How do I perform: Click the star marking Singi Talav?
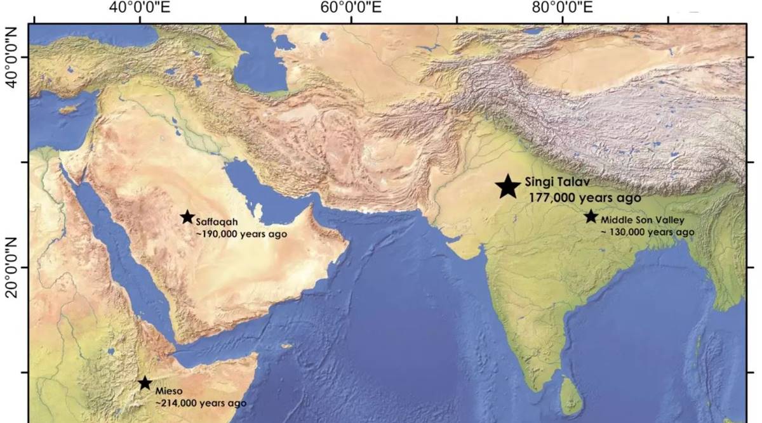coord(508,186)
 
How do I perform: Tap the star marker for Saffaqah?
coord(187,217)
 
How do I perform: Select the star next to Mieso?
coord(145,382)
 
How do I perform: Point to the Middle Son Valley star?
coord(591,216)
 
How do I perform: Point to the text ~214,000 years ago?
coord(201,403)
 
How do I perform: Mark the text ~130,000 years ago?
coord(647,232)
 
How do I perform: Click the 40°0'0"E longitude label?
coord(140,8)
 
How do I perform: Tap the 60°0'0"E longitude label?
coord(351,8)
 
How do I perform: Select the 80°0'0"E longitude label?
coord(563,8)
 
